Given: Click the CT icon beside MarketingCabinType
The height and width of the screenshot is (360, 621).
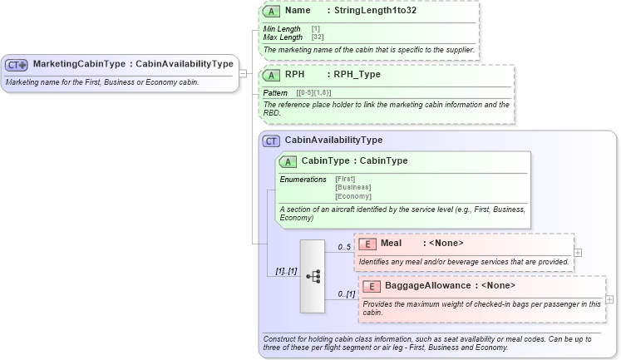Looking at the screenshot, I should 17,64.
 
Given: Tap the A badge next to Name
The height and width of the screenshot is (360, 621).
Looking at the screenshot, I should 271,12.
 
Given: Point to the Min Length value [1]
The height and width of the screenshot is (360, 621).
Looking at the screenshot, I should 315,29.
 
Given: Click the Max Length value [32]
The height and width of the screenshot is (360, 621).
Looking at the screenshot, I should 317,37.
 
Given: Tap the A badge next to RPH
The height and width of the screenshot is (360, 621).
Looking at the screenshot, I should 271,74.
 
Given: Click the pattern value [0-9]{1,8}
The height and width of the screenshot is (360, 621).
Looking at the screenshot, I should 314,92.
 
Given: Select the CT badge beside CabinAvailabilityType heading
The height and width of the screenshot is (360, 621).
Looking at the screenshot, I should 271,141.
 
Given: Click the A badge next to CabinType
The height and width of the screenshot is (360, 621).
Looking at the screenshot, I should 288,160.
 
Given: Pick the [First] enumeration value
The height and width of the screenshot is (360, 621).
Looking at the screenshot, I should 345,179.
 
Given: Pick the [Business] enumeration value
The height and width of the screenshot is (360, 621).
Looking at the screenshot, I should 352,187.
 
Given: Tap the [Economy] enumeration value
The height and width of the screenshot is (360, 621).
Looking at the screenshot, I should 352,196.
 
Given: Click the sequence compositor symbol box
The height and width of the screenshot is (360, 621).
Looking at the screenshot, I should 313,276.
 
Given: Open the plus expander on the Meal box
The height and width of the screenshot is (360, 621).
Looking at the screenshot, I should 578,252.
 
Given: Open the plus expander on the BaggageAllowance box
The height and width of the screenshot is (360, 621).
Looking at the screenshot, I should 609,299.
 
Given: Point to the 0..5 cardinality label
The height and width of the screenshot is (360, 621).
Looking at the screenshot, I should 343,247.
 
